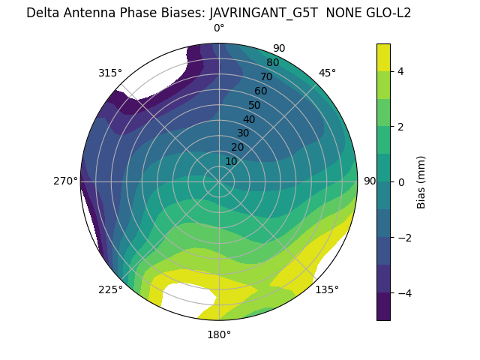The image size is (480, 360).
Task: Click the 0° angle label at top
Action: tap(219, 28)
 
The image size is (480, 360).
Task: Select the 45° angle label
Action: tap(327, 73)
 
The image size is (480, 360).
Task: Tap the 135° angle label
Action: tap(327, 289)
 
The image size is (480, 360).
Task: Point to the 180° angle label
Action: tap(219, 334)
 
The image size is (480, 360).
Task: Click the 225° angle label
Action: tap(110, 289)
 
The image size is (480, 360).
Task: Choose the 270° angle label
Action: tap(65, 181)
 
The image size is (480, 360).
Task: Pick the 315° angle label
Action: tap(110, 73)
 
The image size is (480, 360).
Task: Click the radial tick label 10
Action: tap(231, 161)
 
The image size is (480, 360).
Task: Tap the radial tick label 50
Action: tap(254, 105)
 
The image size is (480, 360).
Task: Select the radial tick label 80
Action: tap(272, 62)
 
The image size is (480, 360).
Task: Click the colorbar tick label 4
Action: tap(401, 71)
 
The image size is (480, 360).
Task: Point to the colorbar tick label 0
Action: tap(401, 181)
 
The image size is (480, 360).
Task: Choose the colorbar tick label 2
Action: tap(401, 127)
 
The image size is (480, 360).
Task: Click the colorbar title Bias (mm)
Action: tap(421, 181)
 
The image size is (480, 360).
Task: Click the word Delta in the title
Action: tap(42, 13)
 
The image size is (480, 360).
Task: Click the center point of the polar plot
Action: tap(219, 181)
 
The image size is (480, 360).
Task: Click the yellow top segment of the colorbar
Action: tap(383, 57)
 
